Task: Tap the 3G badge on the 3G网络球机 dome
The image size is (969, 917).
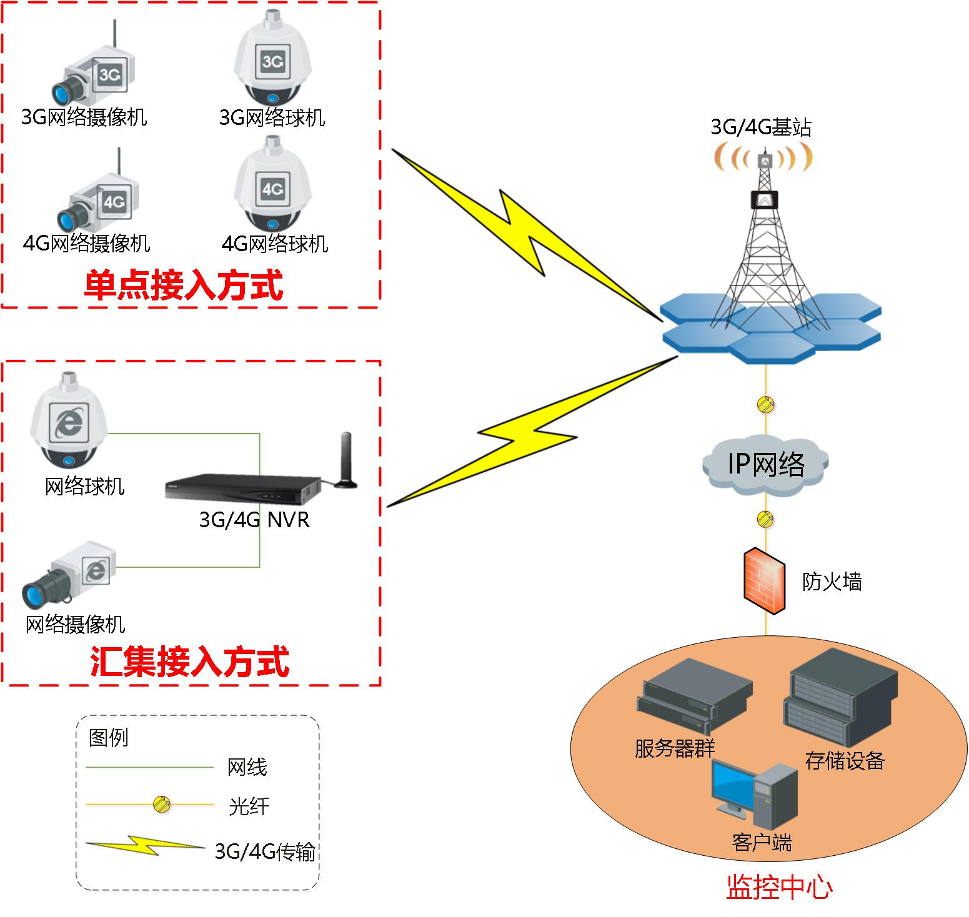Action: pos(272,61)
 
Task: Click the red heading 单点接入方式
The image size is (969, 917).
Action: pos(183,286)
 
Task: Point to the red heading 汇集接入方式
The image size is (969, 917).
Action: pos(190,662)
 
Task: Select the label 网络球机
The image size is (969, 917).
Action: pos(84,486)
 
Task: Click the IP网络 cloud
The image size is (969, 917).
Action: pos(766,463)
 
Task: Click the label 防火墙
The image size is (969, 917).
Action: pos(832,582)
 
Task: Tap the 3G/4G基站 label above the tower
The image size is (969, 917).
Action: pos(761,127)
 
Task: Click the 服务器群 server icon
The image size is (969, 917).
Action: pos(693,696)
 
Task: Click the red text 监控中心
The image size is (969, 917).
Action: pos(778,888)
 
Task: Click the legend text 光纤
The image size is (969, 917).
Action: pos(249,806)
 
